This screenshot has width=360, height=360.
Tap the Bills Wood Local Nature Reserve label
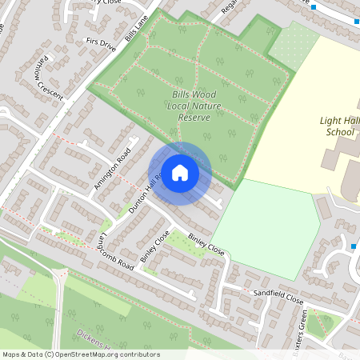tap(190, 106)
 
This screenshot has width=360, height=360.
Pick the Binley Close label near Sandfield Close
tap(206, 242)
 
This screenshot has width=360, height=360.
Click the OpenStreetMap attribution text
tap(81, 354)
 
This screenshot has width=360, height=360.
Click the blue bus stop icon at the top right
tap(313, 7)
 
